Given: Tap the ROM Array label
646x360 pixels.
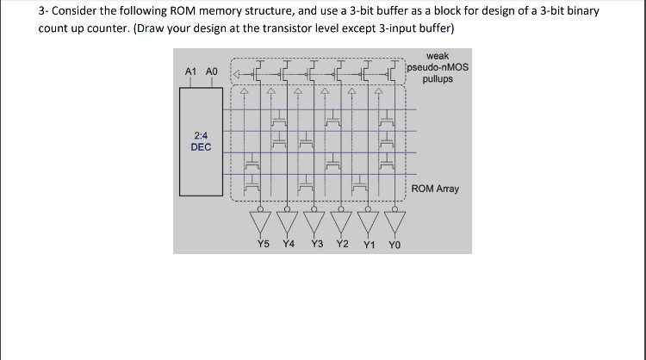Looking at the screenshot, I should pos(435,189).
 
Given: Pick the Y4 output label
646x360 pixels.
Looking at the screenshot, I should pos(289,244).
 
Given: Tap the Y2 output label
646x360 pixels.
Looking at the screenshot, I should pos(342,244).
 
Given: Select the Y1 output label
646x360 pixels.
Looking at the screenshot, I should pos(369,245).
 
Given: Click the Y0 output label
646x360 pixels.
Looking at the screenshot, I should pos(394,245).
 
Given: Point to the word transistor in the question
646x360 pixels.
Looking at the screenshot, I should pos(281,28).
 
